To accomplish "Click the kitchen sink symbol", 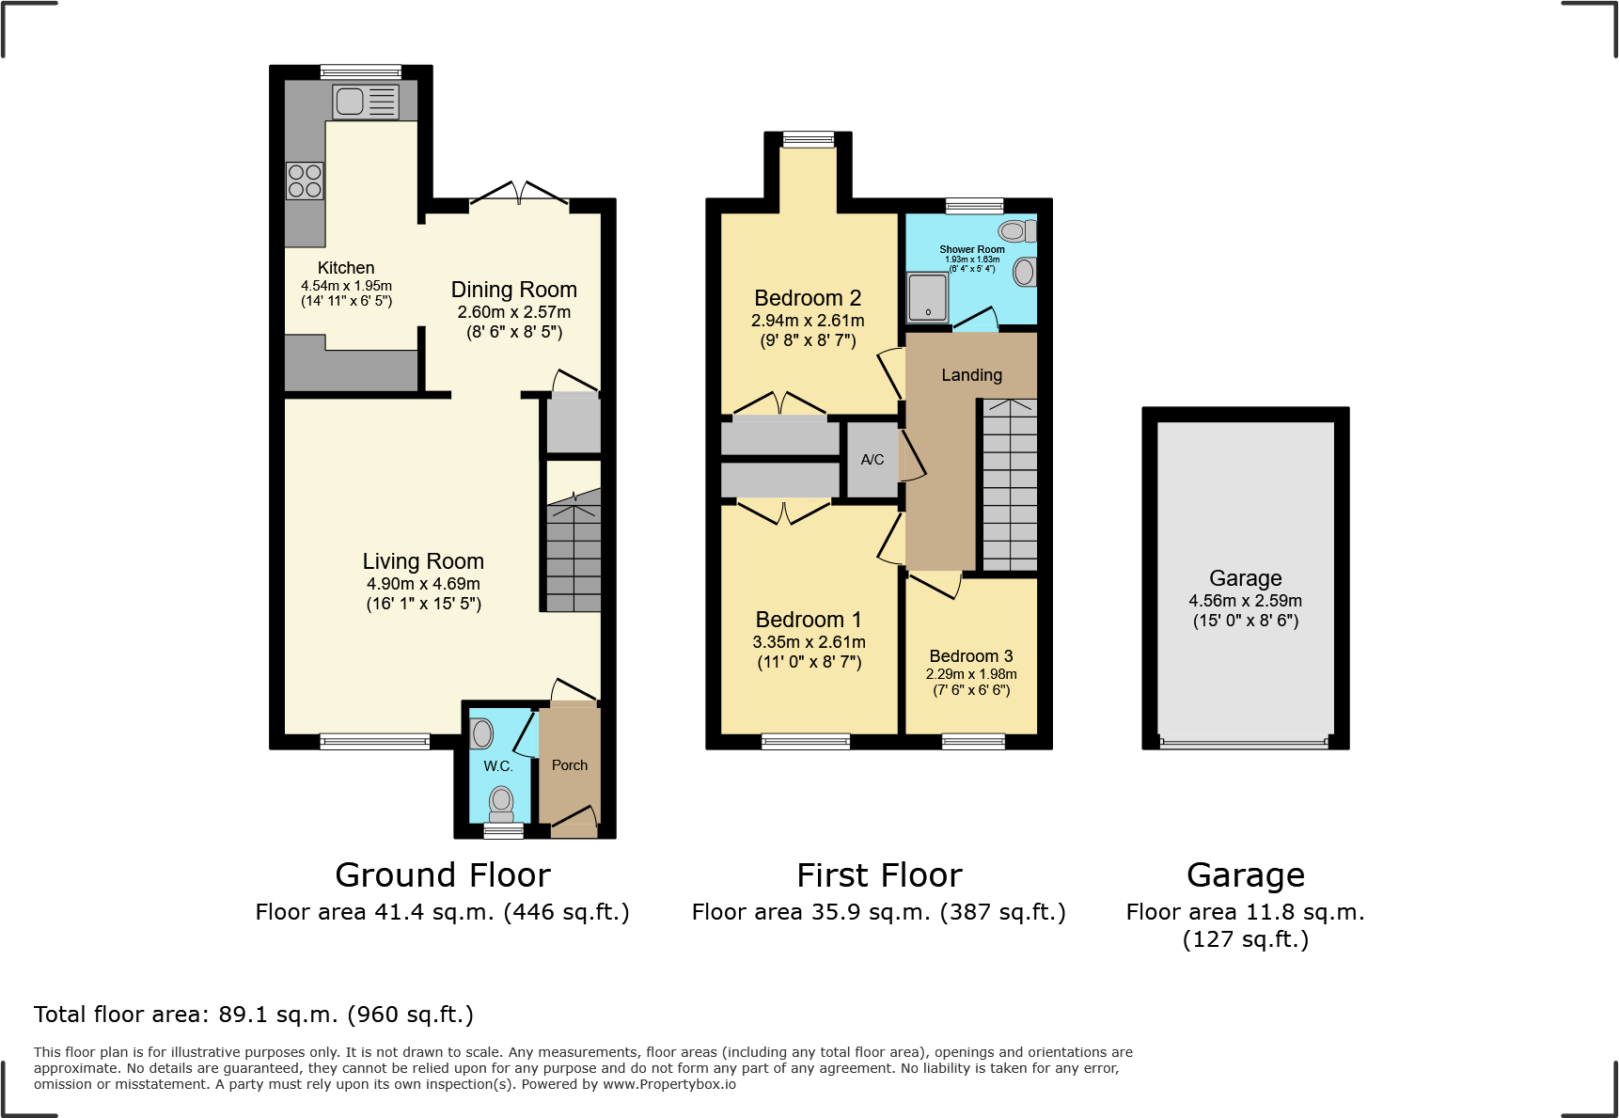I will point(366,102).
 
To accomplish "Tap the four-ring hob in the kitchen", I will point(305,181).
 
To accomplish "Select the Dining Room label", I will point(513,290).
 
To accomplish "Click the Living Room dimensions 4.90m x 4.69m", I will point(423,584).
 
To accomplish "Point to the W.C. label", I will point(497,766).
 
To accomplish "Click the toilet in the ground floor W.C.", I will point(501,804).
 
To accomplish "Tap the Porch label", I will point(569,765).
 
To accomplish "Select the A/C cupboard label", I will point(872,460).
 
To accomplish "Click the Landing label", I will point(971,375).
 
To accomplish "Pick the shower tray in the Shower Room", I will point(928,296).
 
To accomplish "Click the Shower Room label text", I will point(971,249).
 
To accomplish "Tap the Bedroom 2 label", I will point(808,298).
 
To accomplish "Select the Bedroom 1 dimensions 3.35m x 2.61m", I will point(809,642).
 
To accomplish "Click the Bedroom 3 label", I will point(970,656).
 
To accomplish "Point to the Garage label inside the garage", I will point(1245,578).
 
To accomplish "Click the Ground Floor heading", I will point(442,875).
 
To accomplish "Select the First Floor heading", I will point(879,875).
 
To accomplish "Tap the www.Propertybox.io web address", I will point(668,1084).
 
